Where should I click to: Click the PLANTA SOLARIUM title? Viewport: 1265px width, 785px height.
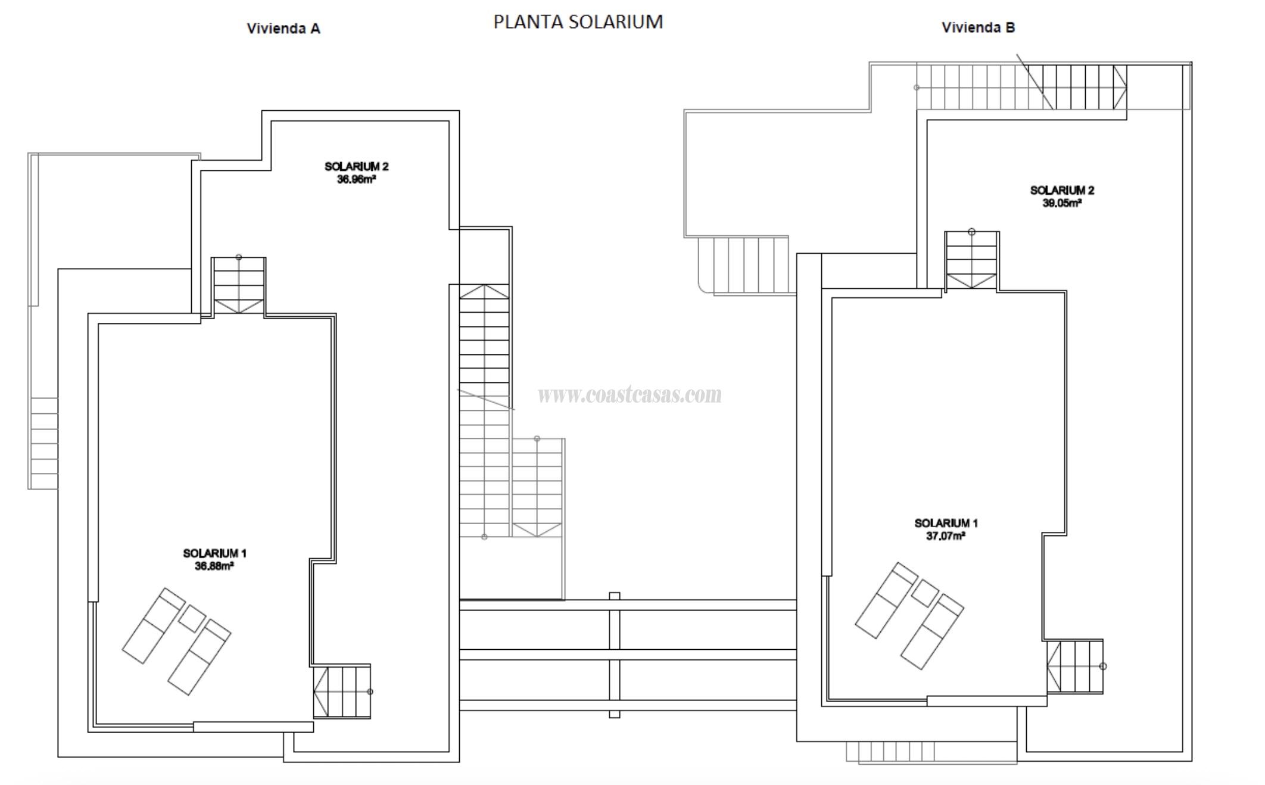(578, 22)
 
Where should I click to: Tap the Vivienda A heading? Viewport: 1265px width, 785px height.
(283, 29)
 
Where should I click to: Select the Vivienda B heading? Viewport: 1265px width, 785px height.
(978, 27)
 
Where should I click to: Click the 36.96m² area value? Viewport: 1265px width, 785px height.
(356, 179)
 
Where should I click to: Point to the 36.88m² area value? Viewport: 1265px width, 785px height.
(214, 566)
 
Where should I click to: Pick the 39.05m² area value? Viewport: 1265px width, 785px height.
(1062, 203)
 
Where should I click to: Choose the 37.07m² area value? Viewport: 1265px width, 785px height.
(946, 535)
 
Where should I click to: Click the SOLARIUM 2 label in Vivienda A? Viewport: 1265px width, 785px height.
(356, 167)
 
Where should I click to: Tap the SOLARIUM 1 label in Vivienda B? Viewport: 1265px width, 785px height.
(946, 523)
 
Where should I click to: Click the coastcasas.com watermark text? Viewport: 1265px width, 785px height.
(630, 394)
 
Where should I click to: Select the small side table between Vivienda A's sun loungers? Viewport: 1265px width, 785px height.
(192, 619)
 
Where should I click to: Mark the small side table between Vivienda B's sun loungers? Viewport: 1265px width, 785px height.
(925, 593)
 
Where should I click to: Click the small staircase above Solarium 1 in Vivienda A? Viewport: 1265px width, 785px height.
(239, 285)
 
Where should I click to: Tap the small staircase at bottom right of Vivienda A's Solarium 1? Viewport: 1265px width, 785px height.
(342, 691)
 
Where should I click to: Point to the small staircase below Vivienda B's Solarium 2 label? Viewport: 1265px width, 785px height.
(972, 260)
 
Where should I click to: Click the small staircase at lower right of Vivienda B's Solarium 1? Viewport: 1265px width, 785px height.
(1076, 666)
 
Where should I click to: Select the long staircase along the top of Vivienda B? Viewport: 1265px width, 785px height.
(1021, 87)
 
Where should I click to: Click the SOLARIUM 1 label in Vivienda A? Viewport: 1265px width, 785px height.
(214, 553)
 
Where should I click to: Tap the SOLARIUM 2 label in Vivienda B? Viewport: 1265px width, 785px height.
(1062, 191)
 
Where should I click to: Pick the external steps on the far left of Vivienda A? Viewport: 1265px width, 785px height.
(43, 444)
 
